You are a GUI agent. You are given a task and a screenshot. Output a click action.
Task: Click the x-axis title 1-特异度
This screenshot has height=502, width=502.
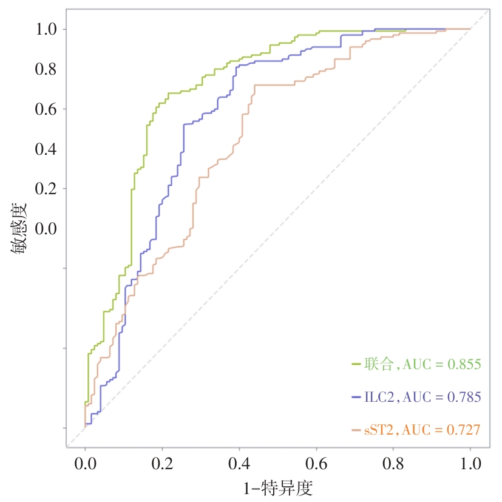(277, 487)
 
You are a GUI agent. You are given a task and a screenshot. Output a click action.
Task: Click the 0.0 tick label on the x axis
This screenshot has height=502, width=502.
(85, 464)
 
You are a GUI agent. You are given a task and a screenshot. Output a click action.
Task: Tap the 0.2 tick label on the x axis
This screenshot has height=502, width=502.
(162, 464)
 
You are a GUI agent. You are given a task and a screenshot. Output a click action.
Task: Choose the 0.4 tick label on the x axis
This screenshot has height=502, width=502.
(239, 464)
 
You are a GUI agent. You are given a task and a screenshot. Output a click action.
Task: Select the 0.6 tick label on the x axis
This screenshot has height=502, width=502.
(316, 464)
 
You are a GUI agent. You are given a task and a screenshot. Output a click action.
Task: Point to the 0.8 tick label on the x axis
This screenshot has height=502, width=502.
(393, 464)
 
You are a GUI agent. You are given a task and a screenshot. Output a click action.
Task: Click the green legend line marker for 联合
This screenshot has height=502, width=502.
(357, 364)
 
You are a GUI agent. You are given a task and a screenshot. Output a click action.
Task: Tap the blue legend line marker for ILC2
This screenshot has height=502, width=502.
(357, 397)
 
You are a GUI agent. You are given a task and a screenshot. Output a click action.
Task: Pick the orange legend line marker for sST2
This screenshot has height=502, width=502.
(357, 430)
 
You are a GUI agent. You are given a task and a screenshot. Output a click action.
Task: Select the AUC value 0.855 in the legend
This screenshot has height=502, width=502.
(464, 364)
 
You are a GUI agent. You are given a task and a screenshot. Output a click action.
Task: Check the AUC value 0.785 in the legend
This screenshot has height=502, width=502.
(464, 397)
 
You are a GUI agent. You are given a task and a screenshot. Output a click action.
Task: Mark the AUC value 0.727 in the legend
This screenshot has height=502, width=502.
(464, 430)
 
